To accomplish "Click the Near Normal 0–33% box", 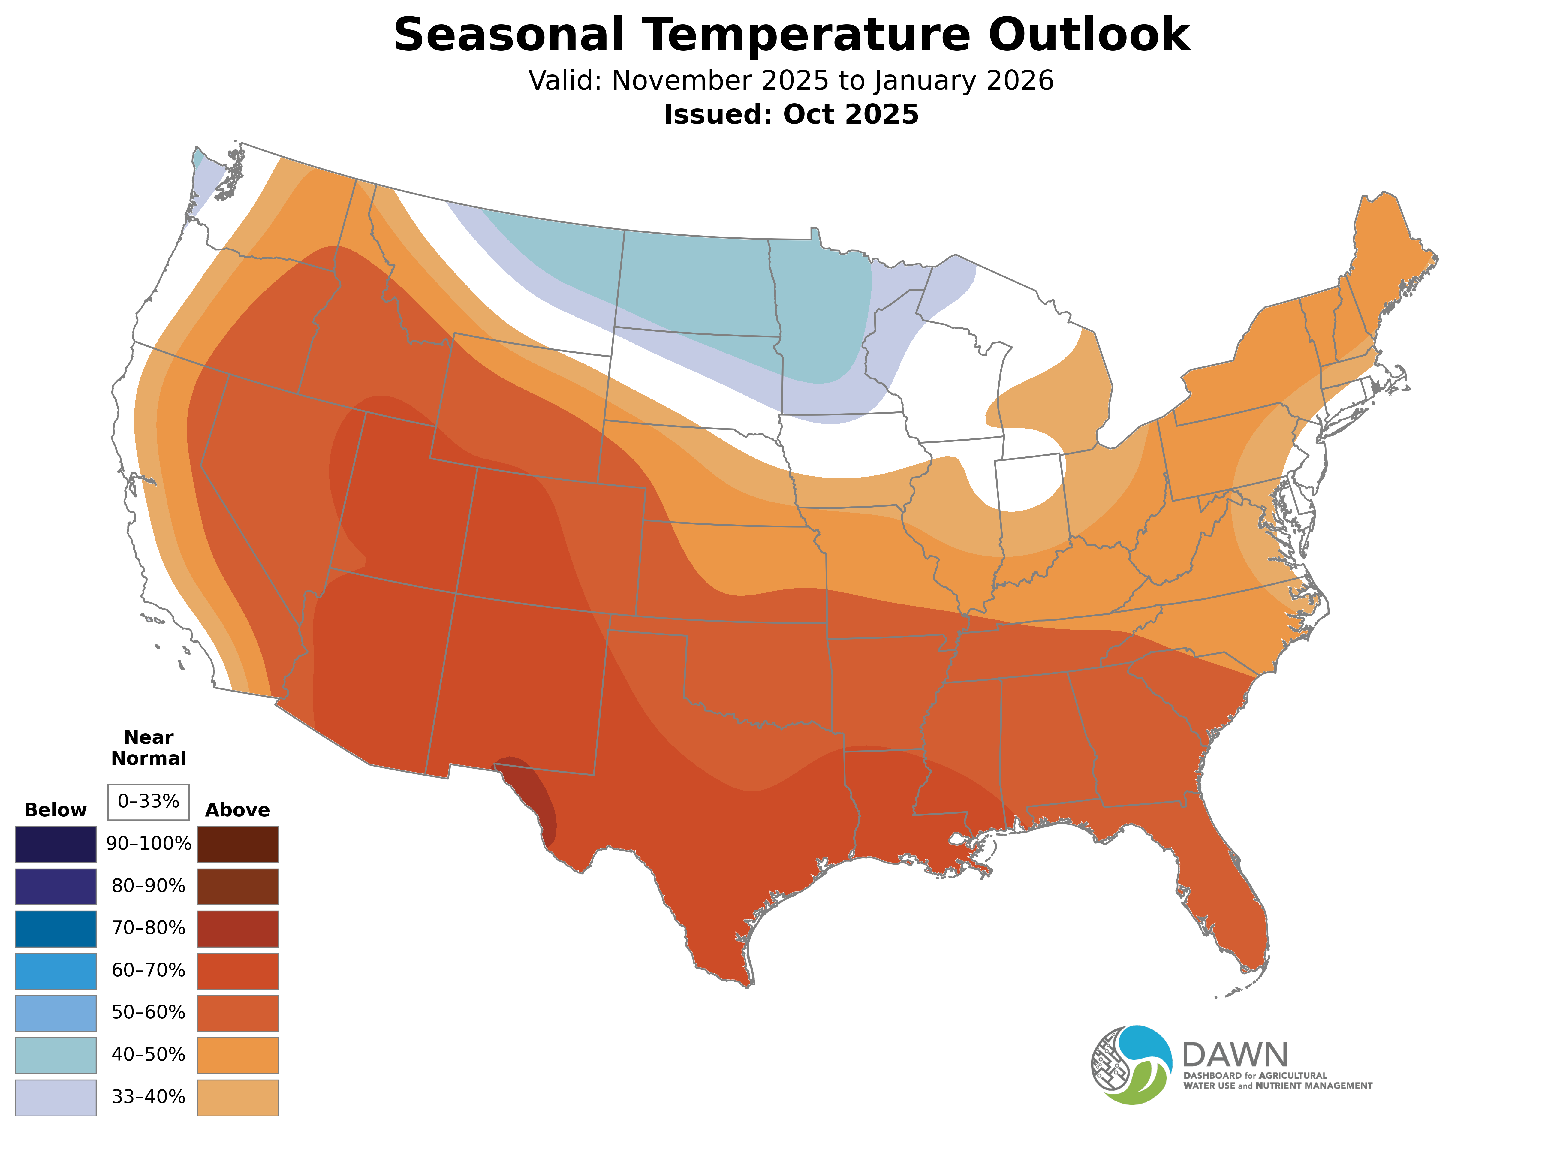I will (x=148, y=802).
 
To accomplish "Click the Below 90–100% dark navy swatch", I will (x=56, y=845).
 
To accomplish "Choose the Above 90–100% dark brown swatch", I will (x=238, y=845).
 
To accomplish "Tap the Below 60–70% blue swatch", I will (x=56, y=971).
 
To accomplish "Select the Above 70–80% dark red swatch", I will (x=238, y=929).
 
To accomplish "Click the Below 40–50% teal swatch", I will (x=56, y=1055).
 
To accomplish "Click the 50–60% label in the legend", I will (x=148, y=1012).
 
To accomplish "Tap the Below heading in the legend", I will (x=56, y=810).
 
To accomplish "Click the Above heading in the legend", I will (x=238, y=810).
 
